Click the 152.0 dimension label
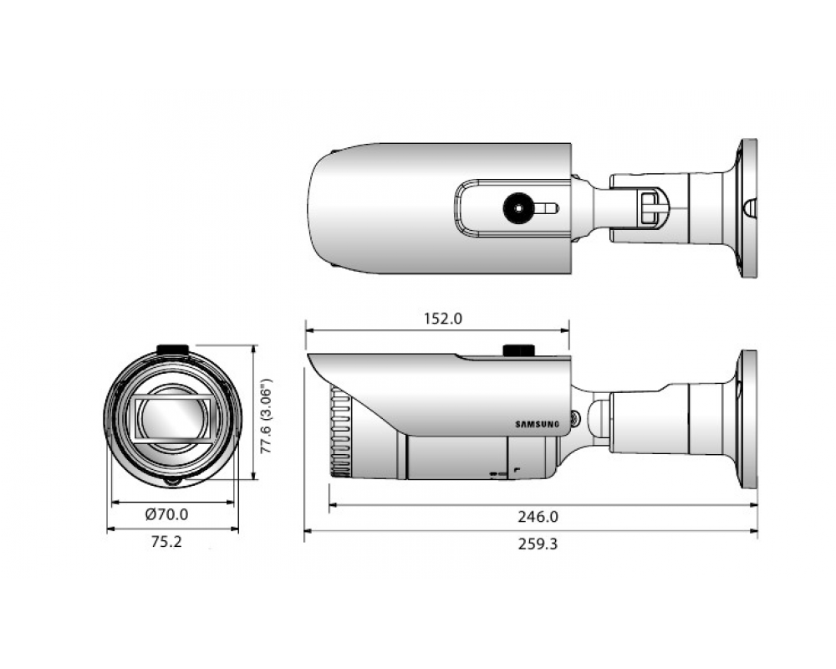pos(443,319)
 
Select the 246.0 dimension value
pos(538,517)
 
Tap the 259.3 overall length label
pos(538,544)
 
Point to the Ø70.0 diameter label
pos(167,514)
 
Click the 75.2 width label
pos(166,542)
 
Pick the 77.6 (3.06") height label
pos(266,416)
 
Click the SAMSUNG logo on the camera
pos(538,425)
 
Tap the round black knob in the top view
pos(519,207)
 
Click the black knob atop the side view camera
pos(519,350)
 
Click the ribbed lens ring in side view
pos(341,432)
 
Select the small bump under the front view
pos(172,481)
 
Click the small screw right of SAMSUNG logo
pos(574,418)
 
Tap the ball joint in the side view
pos(599,419)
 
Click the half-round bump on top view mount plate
pos(751,208)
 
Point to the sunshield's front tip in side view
pos(308,355)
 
